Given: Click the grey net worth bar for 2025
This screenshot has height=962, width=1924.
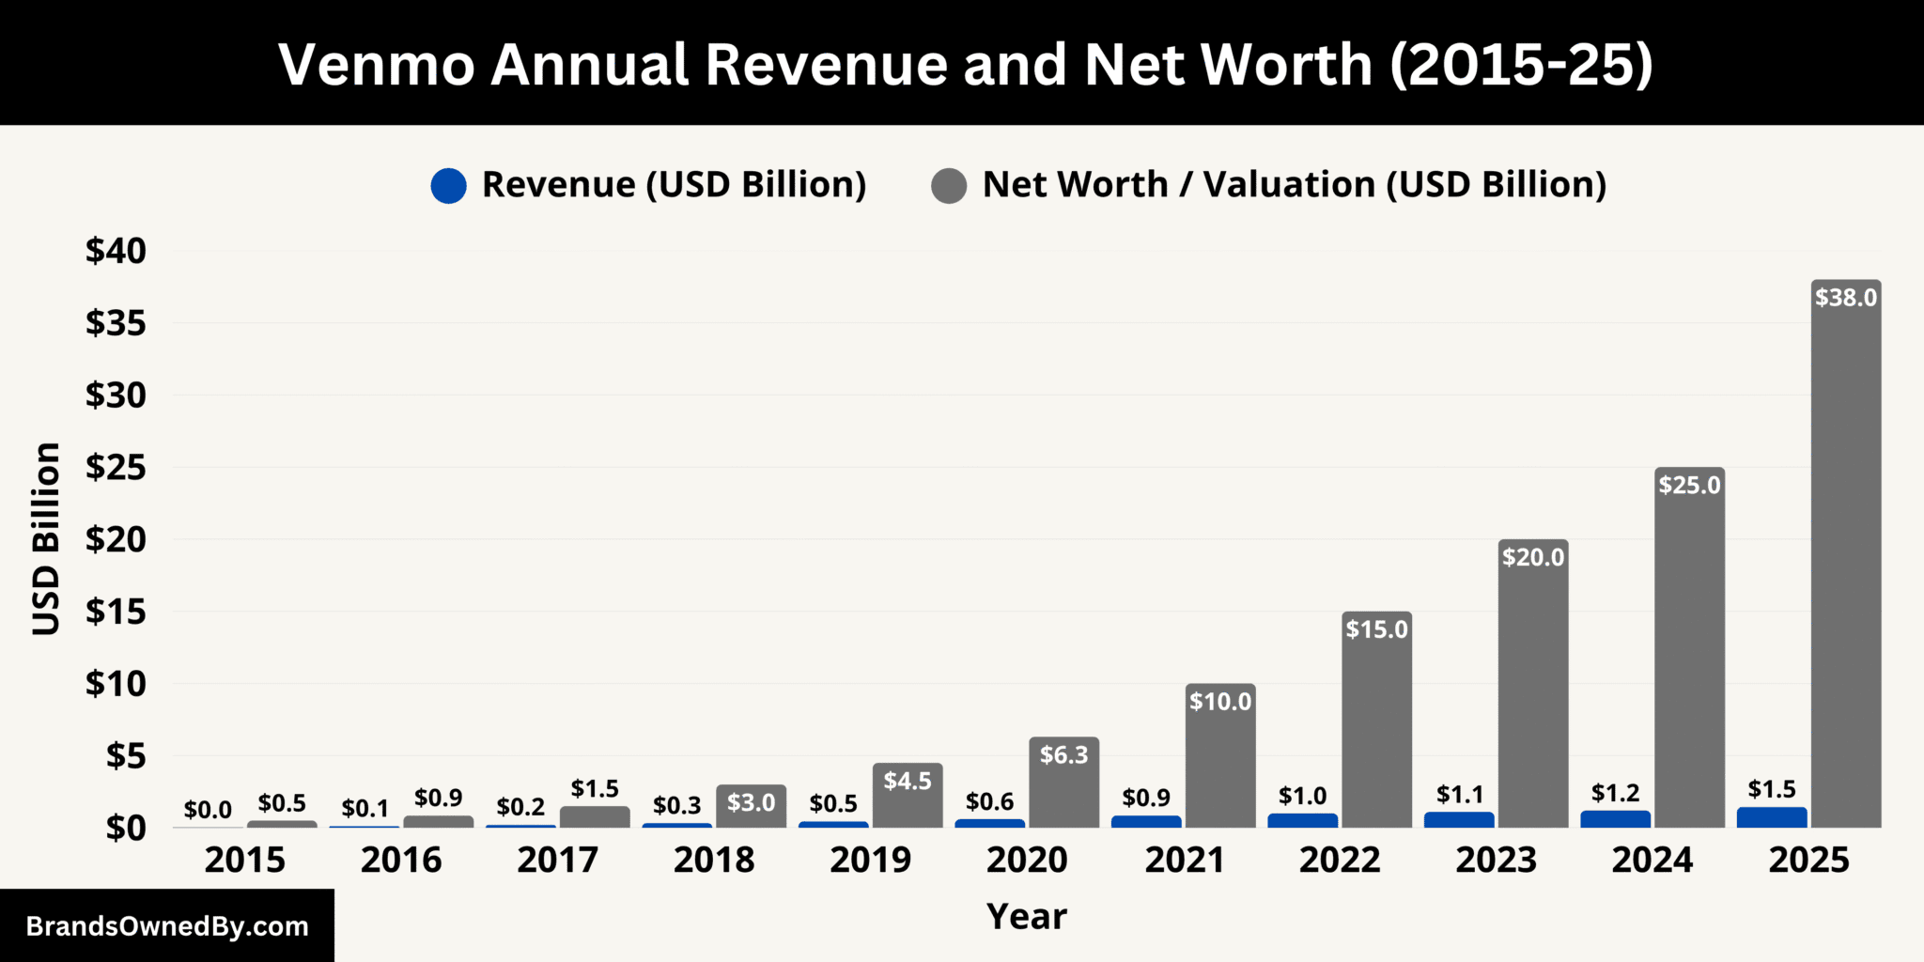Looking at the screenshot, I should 1845,564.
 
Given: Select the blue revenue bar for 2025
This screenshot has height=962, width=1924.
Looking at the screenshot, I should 1771,817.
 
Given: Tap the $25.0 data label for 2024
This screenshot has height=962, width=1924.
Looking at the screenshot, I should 1689,485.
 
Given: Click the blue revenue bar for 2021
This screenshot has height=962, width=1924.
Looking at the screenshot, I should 1146,821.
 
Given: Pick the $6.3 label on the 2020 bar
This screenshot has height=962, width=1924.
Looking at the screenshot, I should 1063,754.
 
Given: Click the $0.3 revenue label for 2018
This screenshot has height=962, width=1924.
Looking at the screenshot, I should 676,805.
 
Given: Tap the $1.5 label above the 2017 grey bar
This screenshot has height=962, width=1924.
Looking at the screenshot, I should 595,788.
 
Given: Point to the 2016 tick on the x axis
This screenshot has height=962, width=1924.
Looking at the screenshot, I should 401,860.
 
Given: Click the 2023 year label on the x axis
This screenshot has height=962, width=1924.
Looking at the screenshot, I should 1496,860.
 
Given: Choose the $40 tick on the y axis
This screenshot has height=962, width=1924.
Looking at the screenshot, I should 116,251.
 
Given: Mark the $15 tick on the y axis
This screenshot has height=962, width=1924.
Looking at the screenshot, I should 116,612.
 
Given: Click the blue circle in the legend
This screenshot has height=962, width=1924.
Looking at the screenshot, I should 448,185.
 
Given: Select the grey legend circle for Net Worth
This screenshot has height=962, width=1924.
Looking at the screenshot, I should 949,185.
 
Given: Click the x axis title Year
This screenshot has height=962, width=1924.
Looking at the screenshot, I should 1026,916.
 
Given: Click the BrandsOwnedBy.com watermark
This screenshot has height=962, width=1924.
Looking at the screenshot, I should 167,926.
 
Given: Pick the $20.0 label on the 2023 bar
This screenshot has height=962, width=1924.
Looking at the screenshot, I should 1533,557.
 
